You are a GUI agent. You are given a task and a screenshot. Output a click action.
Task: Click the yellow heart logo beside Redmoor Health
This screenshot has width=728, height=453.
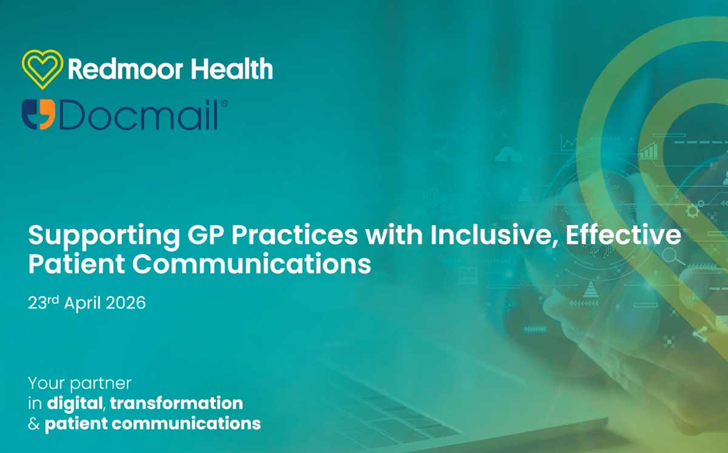point(42,69)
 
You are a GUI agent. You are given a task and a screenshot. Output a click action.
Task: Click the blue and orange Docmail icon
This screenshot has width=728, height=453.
point(38,115)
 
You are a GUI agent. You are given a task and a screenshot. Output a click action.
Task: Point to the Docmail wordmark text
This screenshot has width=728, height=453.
point(139,115)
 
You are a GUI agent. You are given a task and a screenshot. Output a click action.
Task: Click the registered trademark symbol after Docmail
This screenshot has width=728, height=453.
point(223,104)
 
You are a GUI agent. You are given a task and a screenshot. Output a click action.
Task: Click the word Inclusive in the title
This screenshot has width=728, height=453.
point(496,235)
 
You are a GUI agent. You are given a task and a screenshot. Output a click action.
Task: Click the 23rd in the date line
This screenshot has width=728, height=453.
point(42,302)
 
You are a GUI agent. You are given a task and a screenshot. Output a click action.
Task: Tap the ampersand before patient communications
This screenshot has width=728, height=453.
point(34,423)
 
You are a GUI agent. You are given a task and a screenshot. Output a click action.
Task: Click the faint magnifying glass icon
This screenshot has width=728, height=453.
point(671,257)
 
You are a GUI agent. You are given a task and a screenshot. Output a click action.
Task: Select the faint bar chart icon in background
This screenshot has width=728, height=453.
point(649,151)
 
